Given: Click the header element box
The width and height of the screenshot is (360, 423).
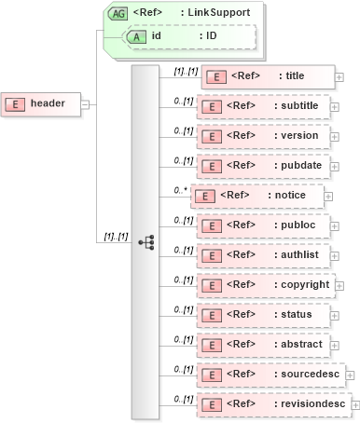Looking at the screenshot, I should [42, 103].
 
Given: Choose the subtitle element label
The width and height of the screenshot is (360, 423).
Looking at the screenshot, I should [299, 106].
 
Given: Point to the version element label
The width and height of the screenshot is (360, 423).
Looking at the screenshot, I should [299, 136].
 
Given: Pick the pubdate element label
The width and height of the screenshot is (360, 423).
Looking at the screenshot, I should [299, 166].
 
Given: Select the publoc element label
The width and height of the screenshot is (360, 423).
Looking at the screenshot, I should [298, 225].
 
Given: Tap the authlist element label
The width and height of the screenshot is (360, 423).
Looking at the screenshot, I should [299, 254].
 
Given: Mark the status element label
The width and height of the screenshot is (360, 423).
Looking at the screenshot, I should [297, 314].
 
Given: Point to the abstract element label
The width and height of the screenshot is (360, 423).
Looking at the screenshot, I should [300, 344].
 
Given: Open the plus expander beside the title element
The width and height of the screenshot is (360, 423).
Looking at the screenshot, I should [339, 76].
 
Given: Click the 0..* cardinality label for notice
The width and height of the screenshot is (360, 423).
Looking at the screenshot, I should [179, 190].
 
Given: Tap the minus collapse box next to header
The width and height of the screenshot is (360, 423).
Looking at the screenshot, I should [85, 103].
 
